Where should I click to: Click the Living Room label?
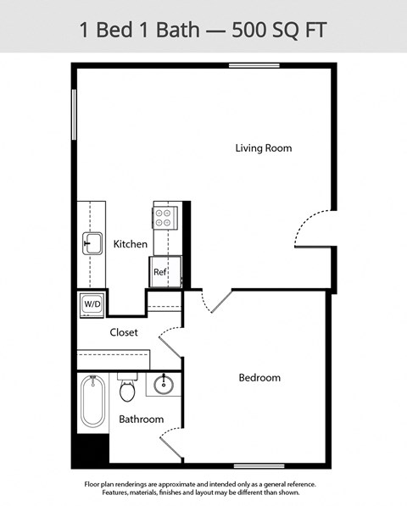tap(263, 148)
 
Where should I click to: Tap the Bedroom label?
tap(259, 377)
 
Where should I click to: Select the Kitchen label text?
tap(131, 244)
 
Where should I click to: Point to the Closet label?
tap(124, 332)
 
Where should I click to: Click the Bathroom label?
tap(141, 420)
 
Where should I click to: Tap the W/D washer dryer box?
tap(92, 303)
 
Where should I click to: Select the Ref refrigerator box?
tap(159, 273)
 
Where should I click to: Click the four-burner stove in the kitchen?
tap(164, 218)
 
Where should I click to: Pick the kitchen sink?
tap(92, 243)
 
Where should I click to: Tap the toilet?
tap(128, 391)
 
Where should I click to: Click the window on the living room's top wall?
tap(254, 65)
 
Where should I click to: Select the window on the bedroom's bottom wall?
tap(258, 465)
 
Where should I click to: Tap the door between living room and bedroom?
tap(216, 303)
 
